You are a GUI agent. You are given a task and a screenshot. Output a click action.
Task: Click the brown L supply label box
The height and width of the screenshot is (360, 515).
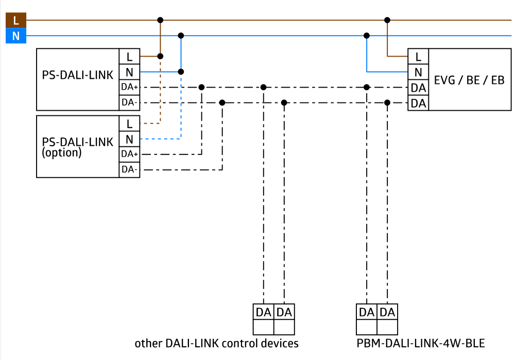coord(16,20)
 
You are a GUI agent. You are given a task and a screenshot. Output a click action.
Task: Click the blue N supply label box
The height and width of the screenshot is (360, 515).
coord(16,36)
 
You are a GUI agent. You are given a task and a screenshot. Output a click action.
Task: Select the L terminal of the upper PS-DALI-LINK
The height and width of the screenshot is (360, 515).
coord(129,57)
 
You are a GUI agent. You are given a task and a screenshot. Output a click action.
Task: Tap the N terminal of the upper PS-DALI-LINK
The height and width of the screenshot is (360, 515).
coord(129,72)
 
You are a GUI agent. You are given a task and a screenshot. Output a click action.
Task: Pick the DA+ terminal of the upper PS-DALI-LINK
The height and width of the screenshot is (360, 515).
coord(129,88)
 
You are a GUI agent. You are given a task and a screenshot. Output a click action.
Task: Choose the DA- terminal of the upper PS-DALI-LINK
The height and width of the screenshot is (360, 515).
coord(129,103)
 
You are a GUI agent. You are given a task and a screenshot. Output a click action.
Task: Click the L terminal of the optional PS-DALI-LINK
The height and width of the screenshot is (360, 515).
coord(129,124)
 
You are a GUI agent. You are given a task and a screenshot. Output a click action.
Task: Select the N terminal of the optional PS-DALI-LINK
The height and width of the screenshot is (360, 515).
coord(129,139)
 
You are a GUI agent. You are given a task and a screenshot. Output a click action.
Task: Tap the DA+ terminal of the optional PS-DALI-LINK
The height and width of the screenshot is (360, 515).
coord(129,155)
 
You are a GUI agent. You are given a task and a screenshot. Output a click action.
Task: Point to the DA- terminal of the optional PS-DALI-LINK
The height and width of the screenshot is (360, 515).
coord(129,170)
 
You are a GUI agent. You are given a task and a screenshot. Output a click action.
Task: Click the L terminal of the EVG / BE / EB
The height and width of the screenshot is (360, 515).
coord(418,57)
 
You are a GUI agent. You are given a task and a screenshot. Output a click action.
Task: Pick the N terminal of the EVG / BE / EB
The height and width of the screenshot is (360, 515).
coord(418,72)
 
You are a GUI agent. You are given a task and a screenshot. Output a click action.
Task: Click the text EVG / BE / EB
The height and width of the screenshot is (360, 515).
coord(469,80)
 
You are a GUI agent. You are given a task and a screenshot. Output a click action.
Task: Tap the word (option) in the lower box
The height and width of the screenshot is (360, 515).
coord(61,153)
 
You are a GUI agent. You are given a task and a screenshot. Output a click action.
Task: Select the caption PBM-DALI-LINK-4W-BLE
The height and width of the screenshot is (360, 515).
coord(420,343)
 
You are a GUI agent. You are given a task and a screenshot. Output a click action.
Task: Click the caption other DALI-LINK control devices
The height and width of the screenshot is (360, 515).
coord(216,343)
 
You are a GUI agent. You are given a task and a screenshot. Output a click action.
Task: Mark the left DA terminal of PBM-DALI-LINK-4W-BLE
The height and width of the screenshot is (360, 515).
coord(367,312)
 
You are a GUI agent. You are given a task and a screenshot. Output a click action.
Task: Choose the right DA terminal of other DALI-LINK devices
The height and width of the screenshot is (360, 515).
coord(284,312)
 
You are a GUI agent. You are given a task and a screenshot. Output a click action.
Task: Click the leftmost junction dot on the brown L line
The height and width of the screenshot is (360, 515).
coord(160,20)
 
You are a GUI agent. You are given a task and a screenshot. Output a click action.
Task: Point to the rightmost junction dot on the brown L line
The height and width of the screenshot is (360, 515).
coord(387,20)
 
